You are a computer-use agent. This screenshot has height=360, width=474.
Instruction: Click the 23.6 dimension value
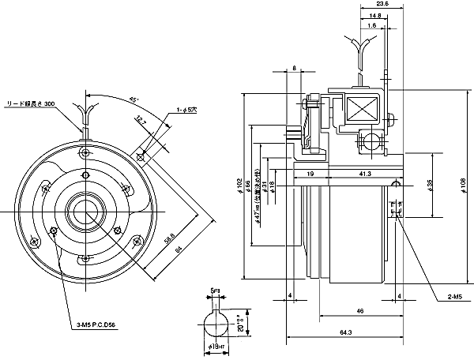382,5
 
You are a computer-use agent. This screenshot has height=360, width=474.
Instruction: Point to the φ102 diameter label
240,187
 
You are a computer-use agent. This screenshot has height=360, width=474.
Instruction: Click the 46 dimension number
360,313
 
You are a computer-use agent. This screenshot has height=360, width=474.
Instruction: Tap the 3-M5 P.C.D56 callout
102,324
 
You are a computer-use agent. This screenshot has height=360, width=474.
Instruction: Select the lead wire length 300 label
31,103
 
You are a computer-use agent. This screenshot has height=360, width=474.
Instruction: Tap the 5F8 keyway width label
215,291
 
